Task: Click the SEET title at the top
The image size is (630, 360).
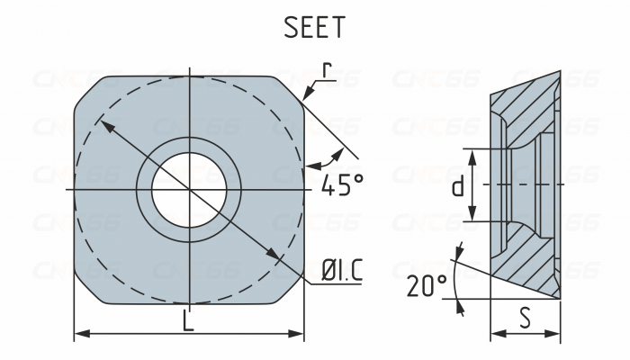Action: tap(314, 27)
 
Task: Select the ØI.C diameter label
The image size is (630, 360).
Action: tap(342, 268)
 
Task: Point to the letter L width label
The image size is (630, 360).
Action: tap(188, 320)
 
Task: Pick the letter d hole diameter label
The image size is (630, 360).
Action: tap(457, 185)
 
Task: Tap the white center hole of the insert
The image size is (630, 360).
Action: tap(188, 189)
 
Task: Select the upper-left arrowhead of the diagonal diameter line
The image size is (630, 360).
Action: tap(103, 125)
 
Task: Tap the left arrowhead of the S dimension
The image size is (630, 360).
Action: tap(495, 334)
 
